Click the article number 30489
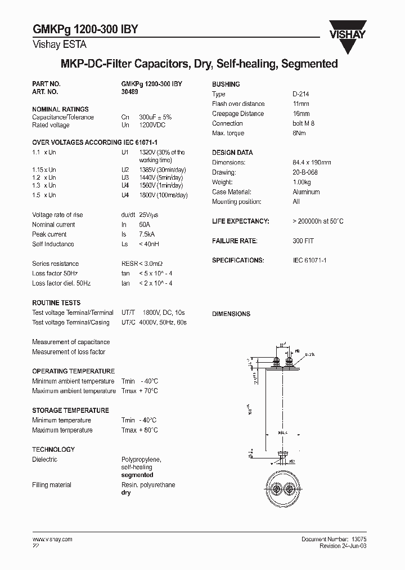130,91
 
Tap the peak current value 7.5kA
148,234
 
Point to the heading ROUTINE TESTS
56,302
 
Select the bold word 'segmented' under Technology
137,475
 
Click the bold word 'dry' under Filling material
126,493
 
